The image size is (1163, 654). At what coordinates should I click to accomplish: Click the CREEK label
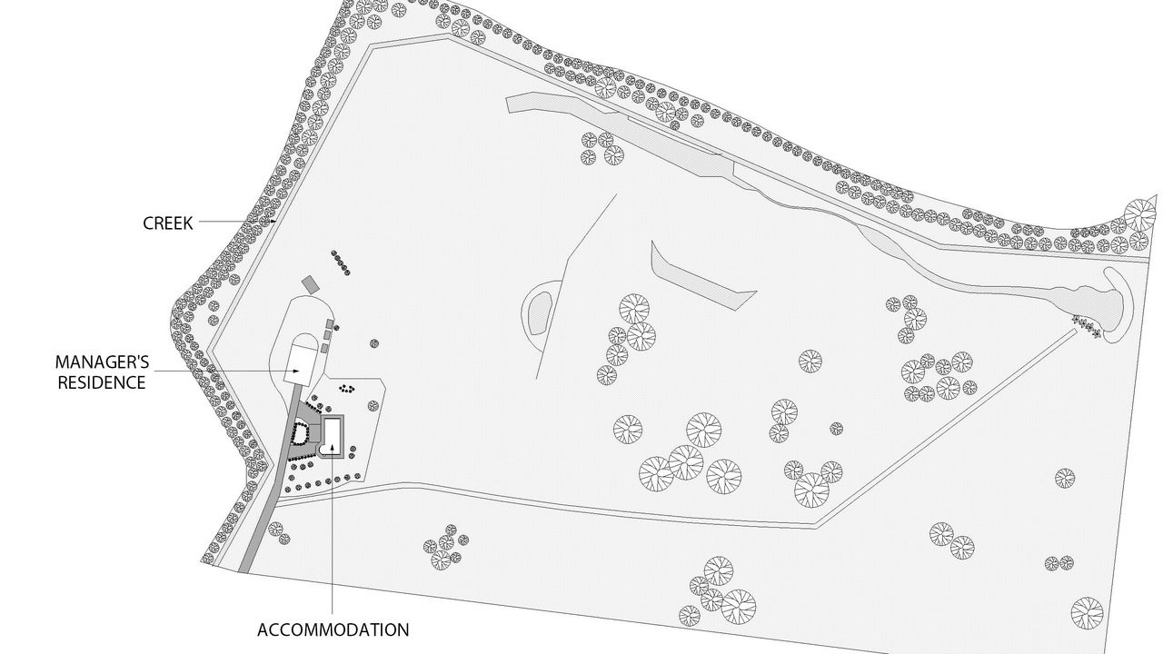(167, 223)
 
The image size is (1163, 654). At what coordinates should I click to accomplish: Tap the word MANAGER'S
(103, 362)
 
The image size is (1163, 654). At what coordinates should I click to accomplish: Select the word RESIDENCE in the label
(102, 382)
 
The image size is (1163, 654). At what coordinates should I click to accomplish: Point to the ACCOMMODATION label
(333, 629)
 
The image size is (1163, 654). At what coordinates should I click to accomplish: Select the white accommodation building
(333, 435)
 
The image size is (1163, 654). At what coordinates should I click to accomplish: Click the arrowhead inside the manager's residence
(296, 371)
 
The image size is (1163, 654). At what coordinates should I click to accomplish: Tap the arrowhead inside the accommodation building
(333, 448)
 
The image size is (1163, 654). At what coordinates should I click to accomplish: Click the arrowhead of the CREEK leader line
(273, 221)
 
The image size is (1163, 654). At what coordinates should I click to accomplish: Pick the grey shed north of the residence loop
(310, 284)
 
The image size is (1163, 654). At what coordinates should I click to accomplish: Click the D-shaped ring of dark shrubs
(300, 434)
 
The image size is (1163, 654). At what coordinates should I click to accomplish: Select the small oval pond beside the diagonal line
(540, 313)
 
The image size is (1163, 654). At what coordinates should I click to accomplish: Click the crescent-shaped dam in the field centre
(696, 276)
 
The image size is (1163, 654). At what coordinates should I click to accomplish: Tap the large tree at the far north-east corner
(1140, 214)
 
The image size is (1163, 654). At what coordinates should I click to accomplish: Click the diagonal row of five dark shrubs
(340, 263)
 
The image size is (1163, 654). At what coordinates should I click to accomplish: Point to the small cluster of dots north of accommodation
(346, 388)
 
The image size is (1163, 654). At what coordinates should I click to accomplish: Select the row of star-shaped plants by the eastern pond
(1086, 325)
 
